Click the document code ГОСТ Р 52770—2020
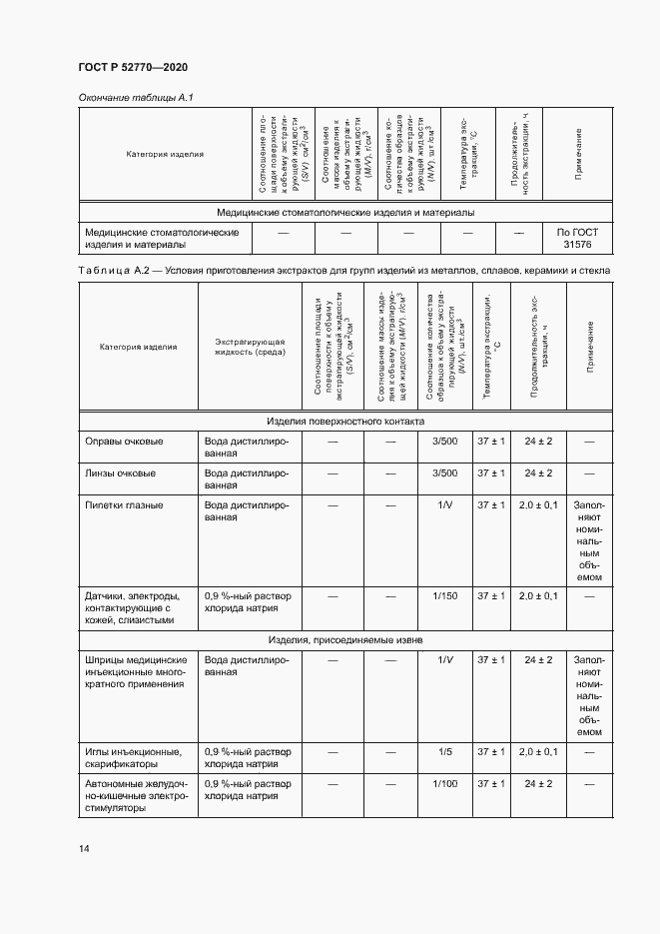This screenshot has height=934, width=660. click(x=133, y=67)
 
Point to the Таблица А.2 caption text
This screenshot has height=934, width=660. click(x=336, y=270)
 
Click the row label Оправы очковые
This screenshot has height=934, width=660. click(x=125, y=441)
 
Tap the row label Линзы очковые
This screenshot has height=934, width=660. click(x=124, y=472)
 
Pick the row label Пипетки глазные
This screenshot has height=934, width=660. click(x=125, y=504)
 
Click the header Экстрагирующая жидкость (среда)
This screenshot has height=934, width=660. click(x=250, y=347)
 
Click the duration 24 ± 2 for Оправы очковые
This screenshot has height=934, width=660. click(x=538, y=441)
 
